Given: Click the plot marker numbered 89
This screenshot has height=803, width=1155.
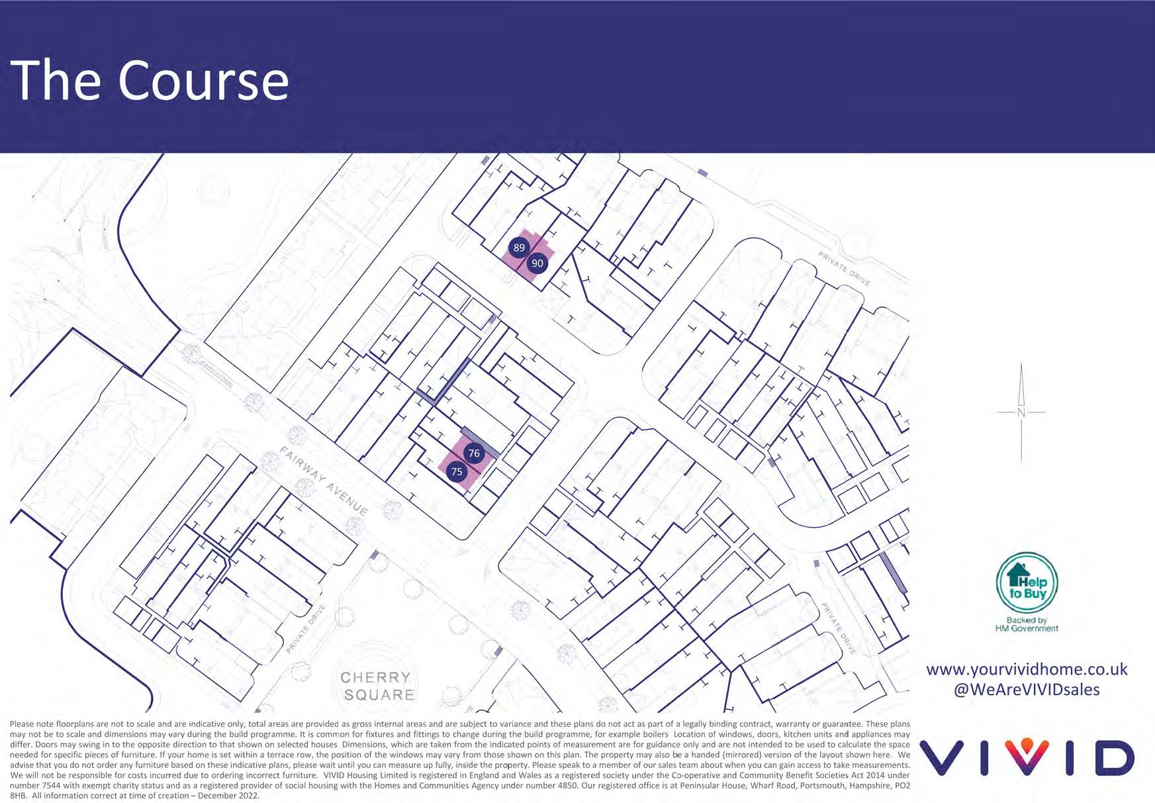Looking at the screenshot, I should coord(519,248).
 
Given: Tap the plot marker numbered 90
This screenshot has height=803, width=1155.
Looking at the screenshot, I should coord(537,263).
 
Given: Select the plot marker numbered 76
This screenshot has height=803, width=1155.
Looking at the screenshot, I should coord(474,453).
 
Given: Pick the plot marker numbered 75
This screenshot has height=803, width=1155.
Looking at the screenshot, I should coord(457,472).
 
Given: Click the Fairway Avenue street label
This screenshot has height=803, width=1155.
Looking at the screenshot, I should coord(324,481).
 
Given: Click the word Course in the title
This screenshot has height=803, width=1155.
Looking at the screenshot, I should coord(204,81).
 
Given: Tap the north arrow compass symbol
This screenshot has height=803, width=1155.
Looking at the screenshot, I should coord(1021,412).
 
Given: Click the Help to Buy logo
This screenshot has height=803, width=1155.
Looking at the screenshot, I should coord(1027,583).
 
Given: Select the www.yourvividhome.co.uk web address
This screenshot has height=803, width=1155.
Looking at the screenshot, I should coord(1027,669).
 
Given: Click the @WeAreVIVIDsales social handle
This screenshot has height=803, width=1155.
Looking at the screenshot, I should coord(1027,690).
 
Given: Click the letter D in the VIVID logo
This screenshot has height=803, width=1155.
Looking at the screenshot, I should coord(1115,758).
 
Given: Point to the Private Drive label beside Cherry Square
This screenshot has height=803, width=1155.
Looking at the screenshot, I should coord(306,629).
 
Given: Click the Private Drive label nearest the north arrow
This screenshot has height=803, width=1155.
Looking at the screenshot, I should coord(845,269).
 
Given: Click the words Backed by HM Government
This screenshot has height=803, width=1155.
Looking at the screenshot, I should coord(1027,624).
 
